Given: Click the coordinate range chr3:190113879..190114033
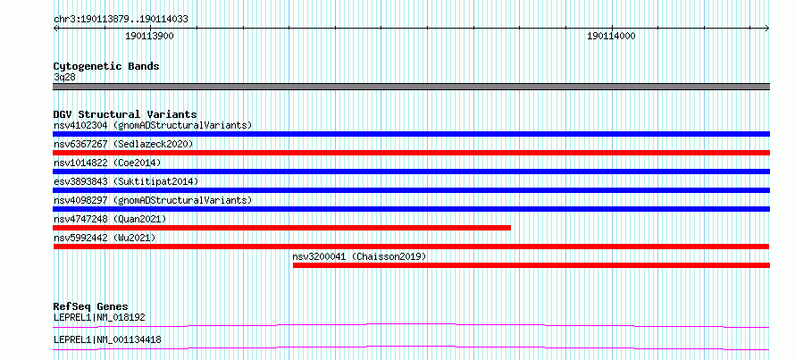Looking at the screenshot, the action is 121,20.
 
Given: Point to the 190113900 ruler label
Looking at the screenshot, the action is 149,37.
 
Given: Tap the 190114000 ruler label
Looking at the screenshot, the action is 612,37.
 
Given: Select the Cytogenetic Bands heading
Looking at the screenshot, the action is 106,66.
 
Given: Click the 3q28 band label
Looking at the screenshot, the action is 64,77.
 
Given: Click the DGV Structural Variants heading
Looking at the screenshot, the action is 125,114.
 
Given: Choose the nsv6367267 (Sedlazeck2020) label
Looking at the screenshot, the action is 123,144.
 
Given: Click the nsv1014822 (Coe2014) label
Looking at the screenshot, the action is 107,163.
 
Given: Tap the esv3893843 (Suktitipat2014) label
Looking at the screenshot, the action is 126,181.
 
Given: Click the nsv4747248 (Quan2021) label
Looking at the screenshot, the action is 110,219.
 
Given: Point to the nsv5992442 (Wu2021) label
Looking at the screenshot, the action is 105,238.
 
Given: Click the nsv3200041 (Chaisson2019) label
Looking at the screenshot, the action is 359,256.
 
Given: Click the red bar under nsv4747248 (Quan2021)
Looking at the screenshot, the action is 281,228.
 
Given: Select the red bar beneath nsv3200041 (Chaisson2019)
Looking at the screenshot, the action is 531,265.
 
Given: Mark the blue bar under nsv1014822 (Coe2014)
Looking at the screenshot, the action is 411,172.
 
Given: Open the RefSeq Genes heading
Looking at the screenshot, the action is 91,306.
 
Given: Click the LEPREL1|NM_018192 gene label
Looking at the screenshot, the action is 99,318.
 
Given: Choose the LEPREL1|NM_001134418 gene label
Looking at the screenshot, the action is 107,339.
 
